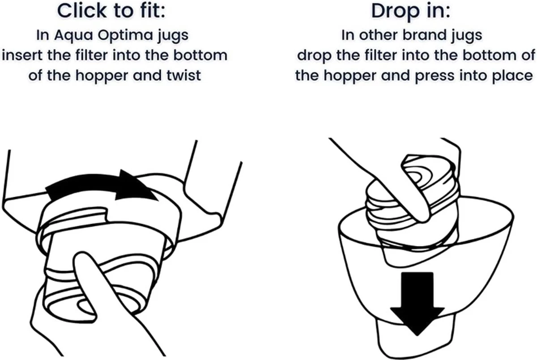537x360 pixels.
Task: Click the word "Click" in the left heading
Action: (82, 11)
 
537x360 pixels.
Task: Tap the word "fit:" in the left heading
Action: (153, 11)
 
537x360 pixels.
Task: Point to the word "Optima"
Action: (126, 36)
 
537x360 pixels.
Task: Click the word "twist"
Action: (184, 76)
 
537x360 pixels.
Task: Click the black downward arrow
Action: (417, 304)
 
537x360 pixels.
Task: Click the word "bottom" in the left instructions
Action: (200, 55)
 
